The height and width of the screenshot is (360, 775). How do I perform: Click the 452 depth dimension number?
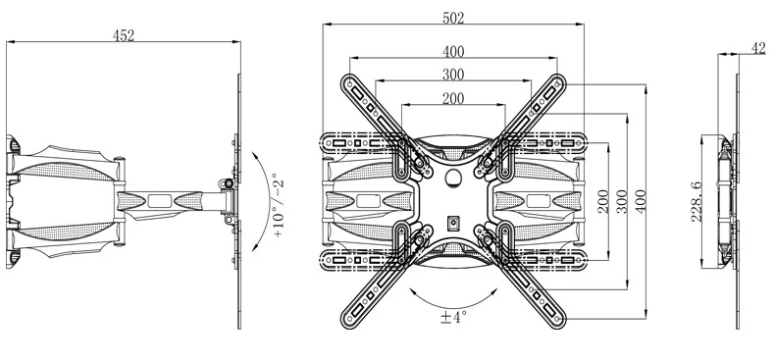tap(123, 35)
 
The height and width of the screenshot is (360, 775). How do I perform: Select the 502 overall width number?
tap(453, 19)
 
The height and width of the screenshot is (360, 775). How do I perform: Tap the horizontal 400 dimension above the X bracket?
tap(453, 51)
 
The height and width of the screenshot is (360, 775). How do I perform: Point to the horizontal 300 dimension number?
tap(453, 75)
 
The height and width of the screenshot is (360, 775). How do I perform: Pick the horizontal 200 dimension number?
tap(453, 99)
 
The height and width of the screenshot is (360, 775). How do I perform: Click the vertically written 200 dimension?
tap(603, 201)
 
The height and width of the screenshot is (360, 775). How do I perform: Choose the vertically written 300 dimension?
tap(622, 201)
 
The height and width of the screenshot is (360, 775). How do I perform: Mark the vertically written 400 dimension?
tap(641, 201)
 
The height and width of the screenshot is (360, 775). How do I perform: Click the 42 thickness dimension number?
tap(758, 48)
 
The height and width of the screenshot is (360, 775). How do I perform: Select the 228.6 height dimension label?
tap(696, 201)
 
